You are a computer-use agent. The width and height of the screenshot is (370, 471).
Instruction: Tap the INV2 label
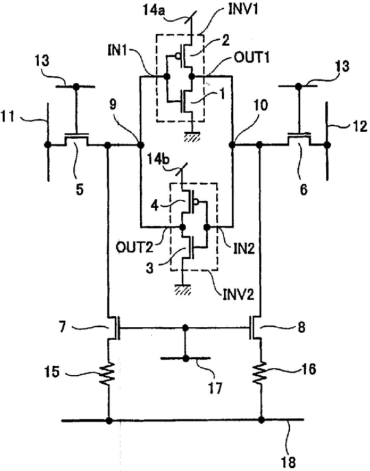tap(239, 295)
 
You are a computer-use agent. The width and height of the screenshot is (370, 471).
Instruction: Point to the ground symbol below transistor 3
tap(183, 289)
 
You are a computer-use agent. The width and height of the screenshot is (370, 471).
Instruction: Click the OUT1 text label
tap(251, 58)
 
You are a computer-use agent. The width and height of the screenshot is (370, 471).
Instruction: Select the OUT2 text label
tap(134, 248)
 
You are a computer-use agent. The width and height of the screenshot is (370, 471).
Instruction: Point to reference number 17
tap(215, 388)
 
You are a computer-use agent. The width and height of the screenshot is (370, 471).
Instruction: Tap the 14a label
tap(153, 11)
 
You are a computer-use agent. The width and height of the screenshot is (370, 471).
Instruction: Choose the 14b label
tap(158, 159)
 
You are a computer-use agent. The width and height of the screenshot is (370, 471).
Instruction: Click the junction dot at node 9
tap(140, 145)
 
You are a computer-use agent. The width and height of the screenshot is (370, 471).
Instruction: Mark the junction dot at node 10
tap(232, 145)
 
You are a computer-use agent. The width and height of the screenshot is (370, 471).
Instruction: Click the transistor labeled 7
tap(114, 327)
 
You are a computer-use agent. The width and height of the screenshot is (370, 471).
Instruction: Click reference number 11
tap(8, 116)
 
